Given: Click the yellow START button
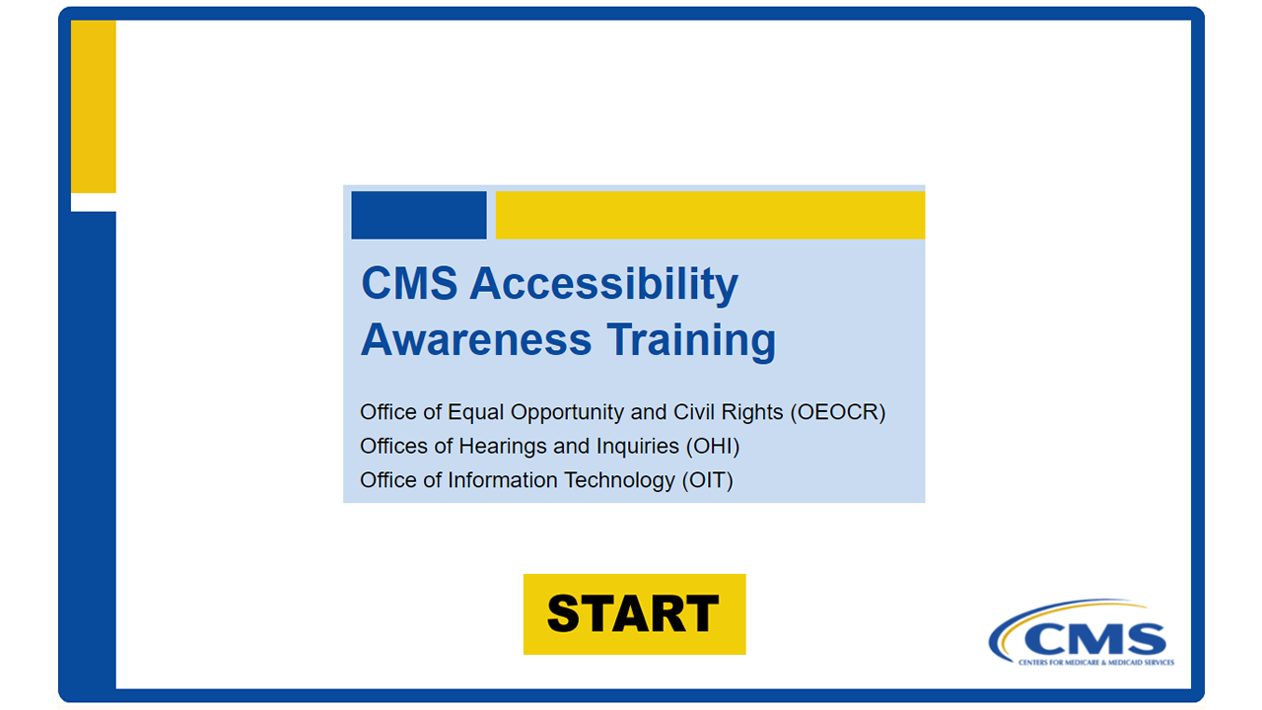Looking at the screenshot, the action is pos(634,614).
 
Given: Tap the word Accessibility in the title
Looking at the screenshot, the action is pos(604,283).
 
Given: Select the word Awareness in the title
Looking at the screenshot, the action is pos(476,340).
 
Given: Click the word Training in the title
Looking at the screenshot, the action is pos(691,341).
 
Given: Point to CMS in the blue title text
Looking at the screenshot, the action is pos(409,283).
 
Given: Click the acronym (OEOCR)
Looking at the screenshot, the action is pos(838,412).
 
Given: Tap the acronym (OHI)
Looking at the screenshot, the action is pos(713,447).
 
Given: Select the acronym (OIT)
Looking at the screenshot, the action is pos(708,480).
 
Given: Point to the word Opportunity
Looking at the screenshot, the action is pos(567,413).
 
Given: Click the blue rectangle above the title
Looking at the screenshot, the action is pos(419,215).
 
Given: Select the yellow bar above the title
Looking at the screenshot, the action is pos(711,215).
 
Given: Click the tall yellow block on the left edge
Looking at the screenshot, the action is pos(94,107).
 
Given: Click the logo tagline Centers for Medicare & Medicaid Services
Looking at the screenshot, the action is pos(1096,663).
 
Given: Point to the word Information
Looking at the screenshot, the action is pos(503,480).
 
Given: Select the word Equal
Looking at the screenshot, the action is pos(475,413).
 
